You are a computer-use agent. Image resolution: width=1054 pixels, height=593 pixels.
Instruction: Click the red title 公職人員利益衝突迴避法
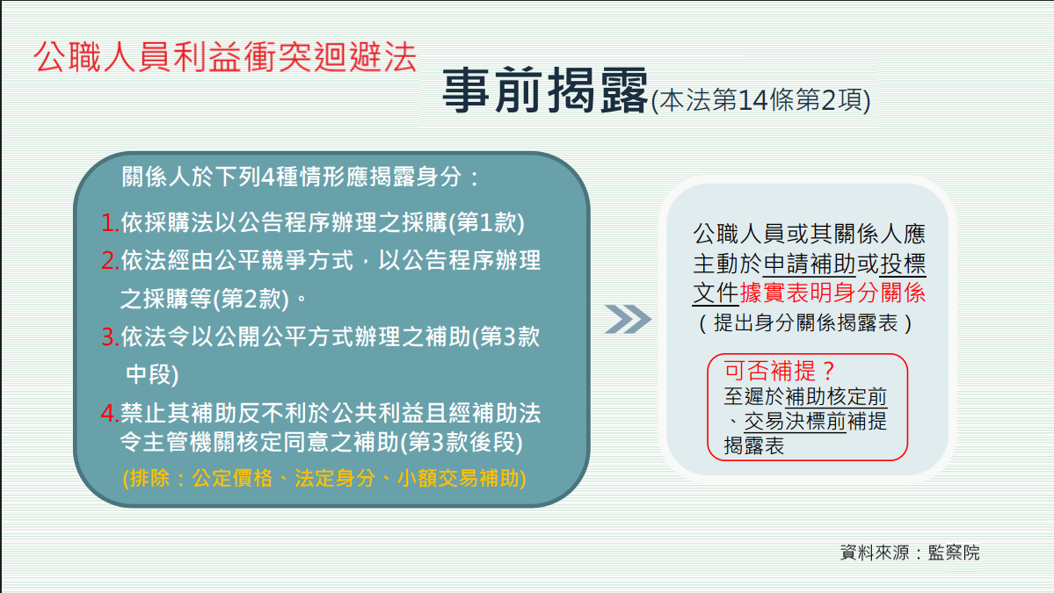pos(225,56)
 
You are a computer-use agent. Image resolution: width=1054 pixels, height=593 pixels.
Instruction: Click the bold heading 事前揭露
pos(545,90)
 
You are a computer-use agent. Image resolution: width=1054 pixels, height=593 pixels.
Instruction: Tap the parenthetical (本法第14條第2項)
pos(761,100)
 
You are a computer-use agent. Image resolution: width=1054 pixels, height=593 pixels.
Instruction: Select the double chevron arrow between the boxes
pos(628,319)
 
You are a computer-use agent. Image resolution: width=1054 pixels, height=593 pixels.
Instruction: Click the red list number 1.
pos(110,223)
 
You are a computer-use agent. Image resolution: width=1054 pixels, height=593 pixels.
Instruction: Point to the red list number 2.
pos(110,261)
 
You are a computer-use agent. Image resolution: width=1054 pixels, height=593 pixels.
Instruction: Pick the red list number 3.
pos(110,336)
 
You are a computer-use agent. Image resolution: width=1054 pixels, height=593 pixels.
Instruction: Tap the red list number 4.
pos(110,413)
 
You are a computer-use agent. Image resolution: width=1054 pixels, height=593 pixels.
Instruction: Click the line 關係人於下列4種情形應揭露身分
pos(293,177)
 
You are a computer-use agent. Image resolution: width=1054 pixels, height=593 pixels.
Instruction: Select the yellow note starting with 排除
pos(324,478)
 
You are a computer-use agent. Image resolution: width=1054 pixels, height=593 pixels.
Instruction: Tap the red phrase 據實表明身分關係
pos(832,293)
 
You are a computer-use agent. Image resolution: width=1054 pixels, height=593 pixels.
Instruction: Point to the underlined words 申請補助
pos(810,264)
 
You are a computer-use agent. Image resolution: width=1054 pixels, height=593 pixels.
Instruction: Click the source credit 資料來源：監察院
pos(910,552)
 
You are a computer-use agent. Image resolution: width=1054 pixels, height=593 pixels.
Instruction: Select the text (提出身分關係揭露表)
pos(805,323)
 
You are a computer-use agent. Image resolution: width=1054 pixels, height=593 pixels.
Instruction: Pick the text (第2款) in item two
pos(251,299)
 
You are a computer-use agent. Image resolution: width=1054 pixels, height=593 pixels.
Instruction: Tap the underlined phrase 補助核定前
pos(836,396)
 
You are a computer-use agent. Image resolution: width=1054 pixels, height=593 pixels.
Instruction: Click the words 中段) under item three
pos(152,375)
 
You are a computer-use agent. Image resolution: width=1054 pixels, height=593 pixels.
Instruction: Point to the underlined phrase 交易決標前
pos(795,421)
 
